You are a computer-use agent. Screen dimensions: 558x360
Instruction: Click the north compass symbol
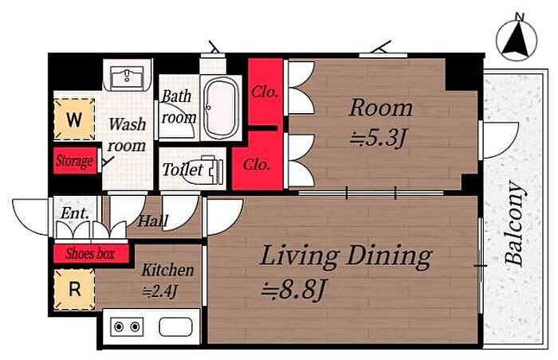click(x=517, y=40)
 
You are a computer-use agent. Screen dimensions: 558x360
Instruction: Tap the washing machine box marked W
click(x=74, y=119)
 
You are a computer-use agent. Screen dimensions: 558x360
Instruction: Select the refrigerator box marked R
click(x=74, y=289)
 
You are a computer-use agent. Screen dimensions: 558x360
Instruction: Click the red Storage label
click(x=75, y=161)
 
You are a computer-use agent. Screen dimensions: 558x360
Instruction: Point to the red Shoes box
click(x=91, y=253)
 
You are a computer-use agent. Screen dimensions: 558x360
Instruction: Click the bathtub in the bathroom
click(x=222, y=108)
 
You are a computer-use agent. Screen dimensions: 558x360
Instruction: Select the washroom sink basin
click(x=127, y=77)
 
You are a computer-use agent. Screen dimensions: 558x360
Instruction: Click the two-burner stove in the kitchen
click(x=127, y=327)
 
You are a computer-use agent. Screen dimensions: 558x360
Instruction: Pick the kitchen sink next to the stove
click(x=176, y=327)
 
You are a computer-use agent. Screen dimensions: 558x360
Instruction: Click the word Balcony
click(x=515, y=224)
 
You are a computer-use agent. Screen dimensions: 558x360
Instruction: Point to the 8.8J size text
click(x=293, y=289)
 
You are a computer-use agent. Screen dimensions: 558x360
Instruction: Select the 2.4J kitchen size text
click(x=160, y=292)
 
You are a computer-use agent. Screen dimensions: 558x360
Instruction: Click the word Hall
click(x=153, y=221)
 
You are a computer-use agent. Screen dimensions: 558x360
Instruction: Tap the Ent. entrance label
click(x=74, y=213)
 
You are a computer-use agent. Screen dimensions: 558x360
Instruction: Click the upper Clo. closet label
click(x=265, y=92)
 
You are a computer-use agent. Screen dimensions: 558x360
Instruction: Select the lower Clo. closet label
click(x=256, y=165)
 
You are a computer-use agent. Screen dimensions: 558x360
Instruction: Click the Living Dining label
click(x=346, y=256)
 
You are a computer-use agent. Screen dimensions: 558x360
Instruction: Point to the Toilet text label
click(x=183, y=170)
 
